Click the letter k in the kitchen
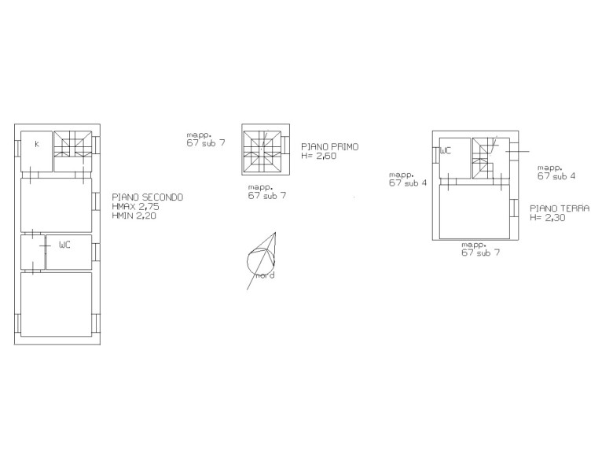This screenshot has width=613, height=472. pos(37,144)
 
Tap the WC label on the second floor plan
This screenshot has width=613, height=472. pos(64,245)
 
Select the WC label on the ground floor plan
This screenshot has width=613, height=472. pos(446,151)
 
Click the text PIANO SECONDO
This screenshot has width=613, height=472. pos(148,197)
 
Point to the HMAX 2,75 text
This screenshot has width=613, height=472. pos(136,207)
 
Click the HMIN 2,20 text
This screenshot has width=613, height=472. pos(134,216)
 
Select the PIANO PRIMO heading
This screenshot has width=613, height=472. pos(329,147)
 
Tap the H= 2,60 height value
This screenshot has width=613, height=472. pos(318,156)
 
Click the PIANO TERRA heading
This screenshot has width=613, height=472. pos(560,208)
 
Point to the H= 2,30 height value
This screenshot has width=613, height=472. pos(547,218)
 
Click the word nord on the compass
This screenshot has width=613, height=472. pos(265,275)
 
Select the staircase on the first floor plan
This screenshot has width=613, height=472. pos(262,153)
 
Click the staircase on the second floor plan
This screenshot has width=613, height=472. pos(72,144)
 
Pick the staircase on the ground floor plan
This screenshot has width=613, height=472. pos(483,158)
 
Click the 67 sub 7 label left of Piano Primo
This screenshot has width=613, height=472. pos(206,143)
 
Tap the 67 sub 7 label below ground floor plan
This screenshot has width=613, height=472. pos(480,253)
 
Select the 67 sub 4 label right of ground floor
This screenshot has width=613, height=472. pos(556,176)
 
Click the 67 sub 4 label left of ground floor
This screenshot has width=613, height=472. pos(408,183)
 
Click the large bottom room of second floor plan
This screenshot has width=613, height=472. pos(57,304)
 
